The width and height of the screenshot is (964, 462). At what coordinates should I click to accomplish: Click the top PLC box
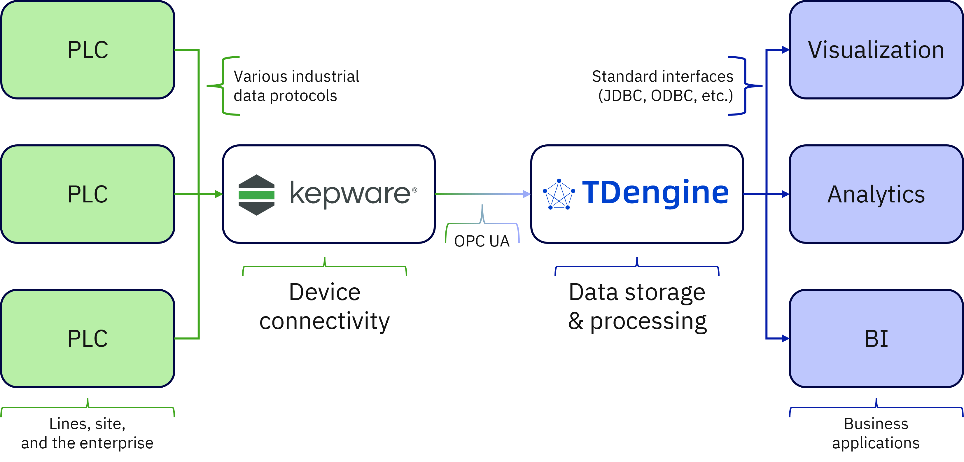coord(88,50)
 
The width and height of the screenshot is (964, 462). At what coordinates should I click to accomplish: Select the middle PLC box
coord(88,194)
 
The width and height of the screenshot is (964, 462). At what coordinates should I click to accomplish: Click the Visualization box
coord(876,50)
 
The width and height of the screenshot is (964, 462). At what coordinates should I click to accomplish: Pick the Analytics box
coord(876,194)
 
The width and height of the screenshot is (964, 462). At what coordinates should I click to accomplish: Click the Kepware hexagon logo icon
coord(256,195)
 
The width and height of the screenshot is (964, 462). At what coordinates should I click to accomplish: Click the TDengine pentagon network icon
coord(559,195)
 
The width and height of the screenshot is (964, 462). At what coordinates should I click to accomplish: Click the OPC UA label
coord(482,241)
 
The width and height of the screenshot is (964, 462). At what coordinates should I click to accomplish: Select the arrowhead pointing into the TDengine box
coord(526,194)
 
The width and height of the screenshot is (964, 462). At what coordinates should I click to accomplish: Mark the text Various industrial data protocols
coord(296,86)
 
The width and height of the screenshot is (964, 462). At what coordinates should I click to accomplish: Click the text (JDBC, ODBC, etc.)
coord(665,96)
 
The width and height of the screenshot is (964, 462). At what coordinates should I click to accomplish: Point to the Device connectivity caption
coord(324,306)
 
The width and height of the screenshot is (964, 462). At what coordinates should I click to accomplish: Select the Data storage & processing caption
coord(637,306)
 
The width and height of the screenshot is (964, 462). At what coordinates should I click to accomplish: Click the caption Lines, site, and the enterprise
coord(88,433)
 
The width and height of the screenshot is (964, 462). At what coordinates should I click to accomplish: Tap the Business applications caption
coord(876,433)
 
